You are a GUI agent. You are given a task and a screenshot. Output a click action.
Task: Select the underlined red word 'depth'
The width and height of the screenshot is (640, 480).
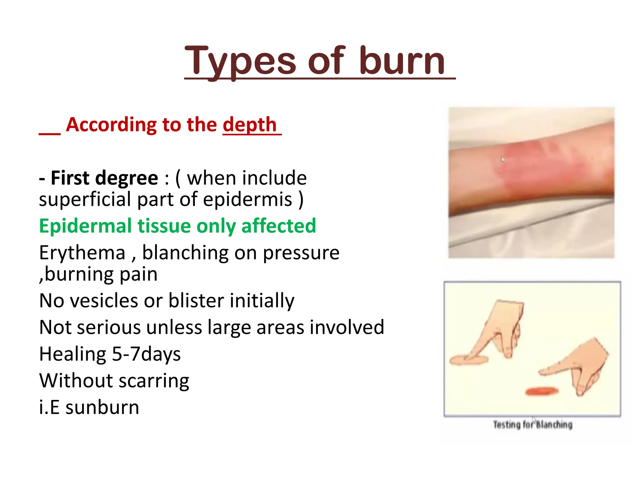pos(250,125)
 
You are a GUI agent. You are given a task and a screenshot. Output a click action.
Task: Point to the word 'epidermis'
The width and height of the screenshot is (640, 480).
pos(247,199)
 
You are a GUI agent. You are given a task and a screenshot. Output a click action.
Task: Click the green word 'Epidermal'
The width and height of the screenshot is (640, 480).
pos(85,226)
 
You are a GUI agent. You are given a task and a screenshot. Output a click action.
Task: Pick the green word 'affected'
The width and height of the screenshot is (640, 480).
pos(278,226)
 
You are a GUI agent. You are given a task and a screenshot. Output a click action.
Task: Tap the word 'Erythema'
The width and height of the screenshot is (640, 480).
pos(82,253)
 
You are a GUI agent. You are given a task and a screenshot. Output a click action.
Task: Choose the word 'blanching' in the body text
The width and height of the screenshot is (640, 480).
pos(185,253)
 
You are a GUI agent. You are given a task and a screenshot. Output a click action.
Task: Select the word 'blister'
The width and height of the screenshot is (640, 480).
pos(196,301)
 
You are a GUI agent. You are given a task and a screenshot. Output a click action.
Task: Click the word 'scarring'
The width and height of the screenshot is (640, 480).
pos(154,381)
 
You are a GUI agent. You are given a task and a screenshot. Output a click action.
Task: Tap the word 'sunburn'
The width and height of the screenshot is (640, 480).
pos(102,407)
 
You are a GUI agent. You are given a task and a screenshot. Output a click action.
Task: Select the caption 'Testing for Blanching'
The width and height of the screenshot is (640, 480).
pos(533,425)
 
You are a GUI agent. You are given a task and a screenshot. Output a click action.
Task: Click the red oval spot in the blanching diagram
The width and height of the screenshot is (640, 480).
pos(542,391)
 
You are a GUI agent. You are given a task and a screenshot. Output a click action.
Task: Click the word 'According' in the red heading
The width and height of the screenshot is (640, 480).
pos(110,125)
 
